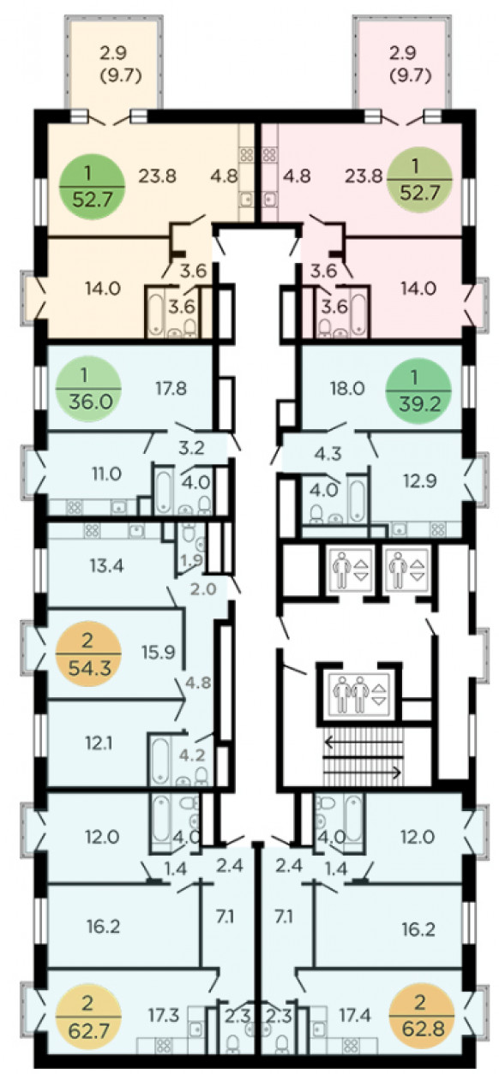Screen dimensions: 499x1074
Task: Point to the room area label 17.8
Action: [x=171, y=388]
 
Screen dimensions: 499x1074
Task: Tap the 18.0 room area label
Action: [x=347, y=388]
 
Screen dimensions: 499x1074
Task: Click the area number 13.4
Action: [x=106, y=565]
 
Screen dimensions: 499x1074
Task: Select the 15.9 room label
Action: [x=159, y=652]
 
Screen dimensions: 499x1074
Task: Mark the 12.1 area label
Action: [x=99, y=743]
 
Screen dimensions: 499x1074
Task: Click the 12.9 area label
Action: [x=420, y=480]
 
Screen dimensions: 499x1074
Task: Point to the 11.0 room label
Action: [x=106, y=474]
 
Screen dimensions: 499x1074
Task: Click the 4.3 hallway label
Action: [x=328, y=453]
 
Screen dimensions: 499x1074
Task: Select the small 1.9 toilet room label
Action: [x=192, y=559]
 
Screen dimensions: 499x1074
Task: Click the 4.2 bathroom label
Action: [x=192, y=755]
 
